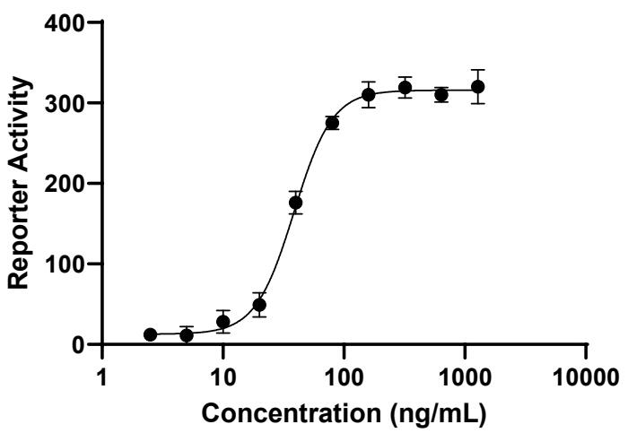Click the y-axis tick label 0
point(88,345)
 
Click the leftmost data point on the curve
point(151,334)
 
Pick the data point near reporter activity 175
point(296,203)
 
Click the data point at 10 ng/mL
point(223,322)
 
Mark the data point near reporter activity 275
point(332,123)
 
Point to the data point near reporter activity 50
point(259,305)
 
